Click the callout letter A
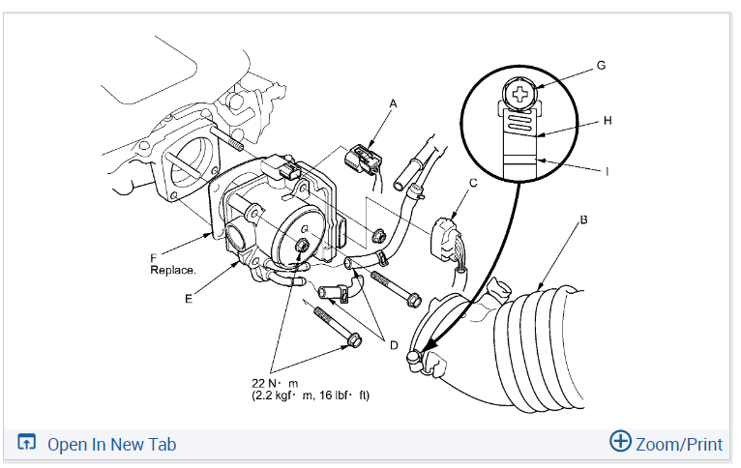(394, 102)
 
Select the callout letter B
(582, 220)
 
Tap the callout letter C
(473, 182)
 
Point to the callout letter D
(394, 344)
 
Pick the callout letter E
(190, 299)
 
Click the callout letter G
(601, 66)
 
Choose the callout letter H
(608, 121)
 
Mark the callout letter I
(608, 171)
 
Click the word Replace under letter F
(173, 271)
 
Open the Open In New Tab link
(111, 444)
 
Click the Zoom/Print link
(678, 444)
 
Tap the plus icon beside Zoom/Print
(620, 442)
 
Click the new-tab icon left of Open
(27, 444)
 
